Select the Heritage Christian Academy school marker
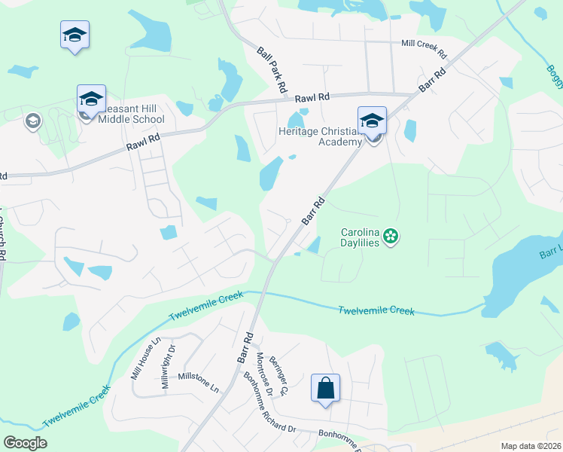coord(372,121)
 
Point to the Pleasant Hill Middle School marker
coord(90,99)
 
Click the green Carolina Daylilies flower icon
coord(390,237)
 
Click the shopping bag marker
coord(325,389)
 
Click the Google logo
coord(25,443)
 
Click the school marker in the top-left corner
coord(75,35)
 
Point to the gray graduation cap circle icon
coord(32,121)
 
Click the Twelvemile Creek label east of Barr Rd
coord(376,310)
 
